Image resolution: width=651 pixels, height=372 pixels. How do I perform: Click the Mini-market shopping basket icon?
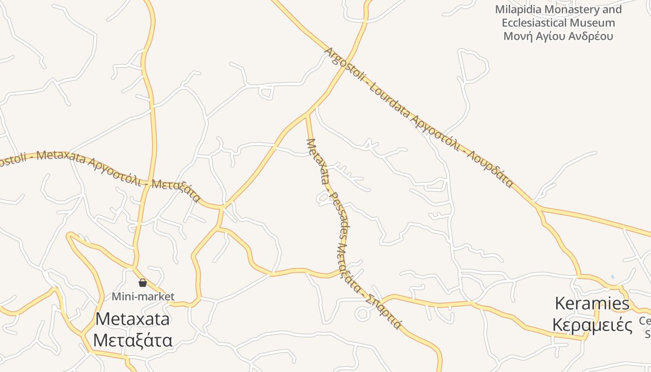click(x=143, y=282)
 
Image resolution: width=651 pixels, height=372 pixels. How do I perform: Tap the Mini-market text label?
click(x=143, y=296)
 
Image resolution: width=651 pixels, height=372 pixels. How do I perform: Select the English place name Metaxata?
click(x=133, y=319)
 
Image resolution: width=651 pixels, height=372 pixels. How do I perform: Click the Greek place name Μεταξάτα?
click(x=133, y=340)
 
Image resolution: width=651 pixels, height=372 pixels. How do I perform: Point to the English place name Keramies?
click(x=592, y=304)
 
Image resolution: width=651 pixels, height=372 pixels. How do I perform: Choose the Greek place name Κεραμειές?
click(x=592, y=325)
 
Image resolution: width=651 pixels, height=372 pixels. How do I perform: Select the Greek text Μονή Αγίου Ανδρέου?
click(x=558, y=36)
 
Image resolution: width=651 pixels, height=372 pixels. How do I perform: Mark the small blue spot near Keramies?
click(x=612, y=277)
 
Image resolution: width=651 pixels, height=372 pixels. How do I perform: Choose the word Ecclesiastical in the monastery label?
click(x=534, y=23)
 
